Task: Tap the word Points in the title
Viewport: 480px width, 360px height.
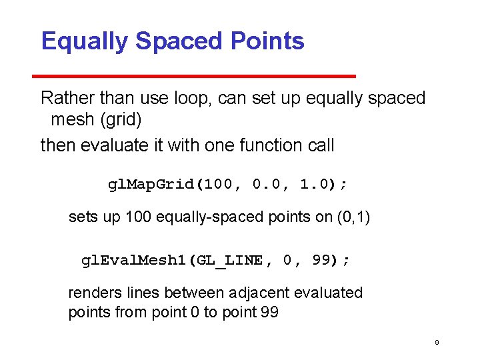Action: coord(267,41)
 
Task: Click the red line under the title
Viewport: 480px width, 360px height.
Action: coord(199,76)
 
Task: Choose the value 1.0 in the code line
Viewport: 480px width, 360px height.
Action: coord(313,184)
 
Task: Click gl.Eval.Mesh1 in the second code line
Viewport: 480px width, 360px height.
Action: coord(133,260)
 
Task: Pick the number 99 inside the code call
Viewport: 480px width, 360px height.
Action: coord(322,260)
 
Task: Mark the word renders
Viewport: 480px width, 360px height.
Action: coord(93,293)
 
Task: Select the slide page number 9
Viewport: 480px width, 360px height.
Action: coord(437,343)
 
